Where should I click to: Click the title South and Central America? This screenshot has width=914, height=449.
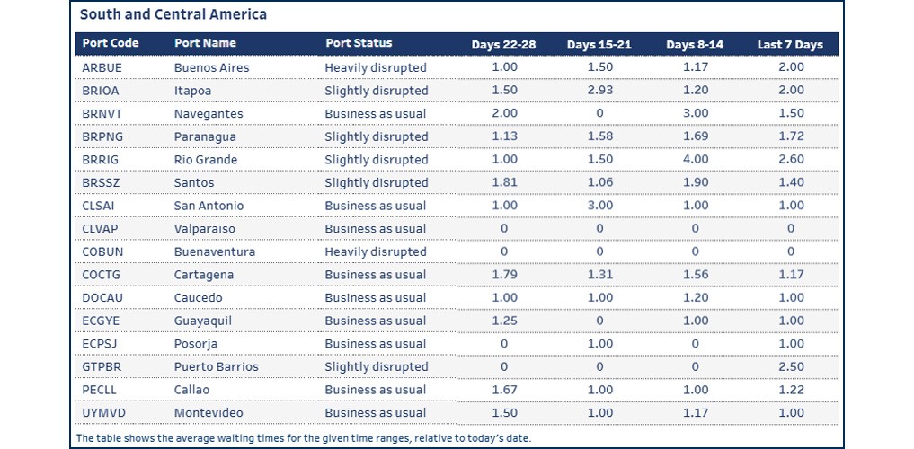pos(173,15)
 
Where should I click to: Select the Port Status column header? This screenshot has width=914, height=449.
pos(359,43)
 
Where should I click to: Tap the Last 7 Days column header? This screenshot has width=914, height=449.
pos(790,45)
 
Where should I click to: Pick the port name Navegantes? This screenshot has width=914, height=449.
pos(209,114)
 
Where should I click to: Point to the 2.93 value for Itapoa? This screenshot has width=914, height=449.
pos(599,91)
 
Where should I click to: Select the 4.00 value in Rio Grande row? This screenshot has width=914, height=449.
pos(695,160)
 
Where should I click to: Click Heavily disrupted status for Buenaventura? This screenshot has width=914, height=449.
pos(376,252)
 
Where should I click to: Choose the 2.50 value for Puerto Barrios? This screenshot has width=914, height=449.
pos(790,366)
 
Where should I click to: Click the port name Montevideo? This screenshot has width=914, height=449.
pos(209,412)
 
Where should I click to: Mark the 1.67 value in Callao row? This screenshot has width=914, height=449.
pos(504,390)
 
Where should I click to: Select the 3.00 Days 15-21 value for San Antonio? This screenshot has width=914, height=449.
pos(599,206)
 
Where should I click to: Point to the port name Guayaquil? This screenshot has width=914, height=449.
pos(204,321)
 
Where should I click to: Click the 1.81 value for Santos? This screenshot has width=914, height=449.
pos(504,182)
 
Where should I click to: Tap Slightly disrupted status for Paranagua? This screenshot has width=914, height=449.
pos(377,136)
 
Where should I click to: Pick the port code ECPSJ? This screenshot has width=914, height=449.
pos(99,344)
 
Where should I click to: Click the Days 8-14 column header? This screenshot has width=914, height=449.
pos(695,45)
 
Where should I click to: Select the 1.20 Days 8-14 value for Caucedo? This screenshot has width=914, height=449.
pos(695,298)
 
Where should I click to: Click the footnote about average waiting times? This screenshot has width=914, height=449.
pos(303,437)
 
